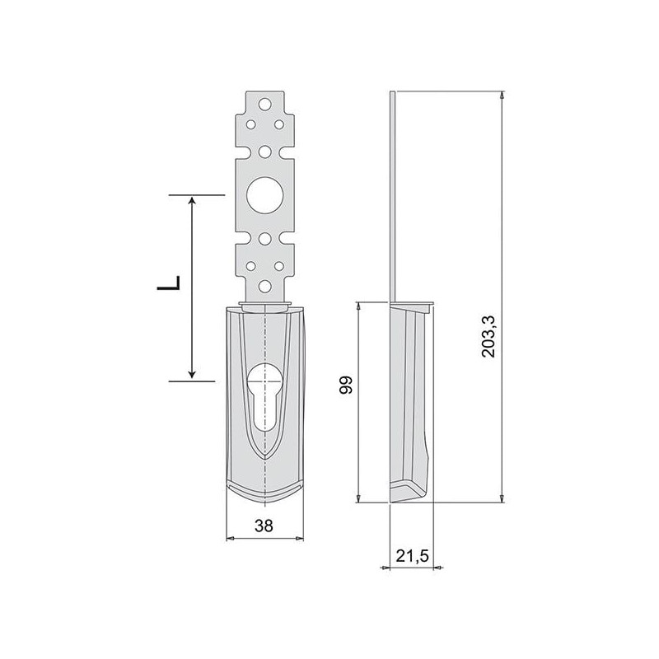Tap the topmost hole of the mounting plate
click(264, 105)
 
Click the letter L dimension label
click(169, 285)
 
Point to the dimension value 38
click(264, 525)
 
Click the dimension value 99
click(347, 385)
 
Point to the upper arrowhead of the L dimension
click(192, 202)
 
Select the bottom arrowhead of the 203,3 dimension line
click(502, 498)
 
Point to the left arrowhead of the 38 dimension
click(231, 539)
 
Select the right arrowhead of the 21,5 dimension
click(437, 568)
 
